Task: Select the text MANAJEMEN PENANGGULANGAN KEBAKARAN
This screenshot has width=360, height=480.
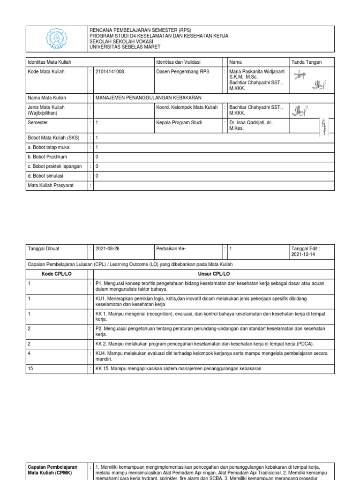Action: (x=148, y=98)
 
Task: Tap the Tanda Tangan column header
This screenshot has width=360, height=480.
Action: (x=307, y=62)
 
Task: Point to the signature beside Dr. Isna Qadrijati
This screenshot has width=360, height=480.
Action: (x=323, y=126)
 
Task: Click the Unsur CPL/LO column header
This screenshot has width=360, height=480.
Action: (x=211, y=273)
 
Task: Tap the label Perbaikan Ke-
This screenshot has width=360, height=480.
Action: (x=170, y=249)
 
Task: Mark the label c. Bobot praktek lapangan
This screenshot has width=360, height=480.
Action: (x=54, y=166)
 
